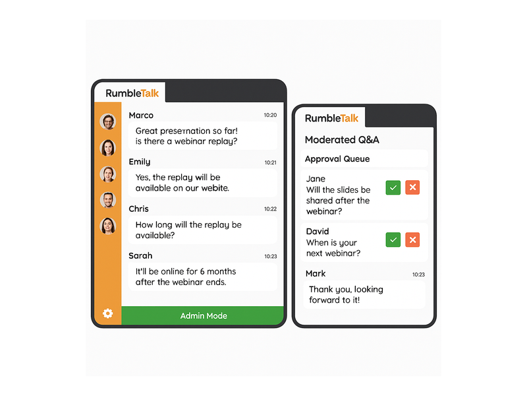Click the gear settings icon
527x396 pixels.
click(x=107, y=313)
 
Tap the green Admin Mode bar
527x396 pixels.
click(x=203, y=315)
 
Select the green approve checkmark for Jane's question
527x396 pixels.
click(x=393, y=187)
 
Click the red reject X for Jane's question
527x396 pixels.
click(x=412, y=187)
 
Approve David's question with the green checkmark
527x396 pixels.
click(x=393, y=240)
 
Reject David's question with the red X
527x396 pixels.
click(x=412, y=240)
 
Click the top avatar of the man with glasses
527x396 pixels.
click(x=108, y=121)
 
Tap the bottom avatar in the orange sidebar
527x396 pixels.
click(x=108, y=226)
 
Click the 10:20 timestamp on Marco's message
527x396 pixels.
click(x=270, y=115)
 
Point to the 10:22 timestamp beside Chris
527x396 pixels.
click(x=270, y=209)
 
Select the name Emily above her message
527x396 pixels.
click(x=140, y=162)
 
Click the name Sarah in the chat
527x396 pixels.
click(x=140, y=255)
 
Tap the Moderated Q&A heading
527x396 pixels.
click(x=342, y=140)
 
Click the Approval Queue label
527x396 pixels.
click(x=337, y=159)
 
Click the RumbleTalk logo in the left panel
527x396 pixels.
click(x=132, y=93)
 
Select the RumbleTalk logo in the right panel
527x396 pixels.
click(x=332, y=118)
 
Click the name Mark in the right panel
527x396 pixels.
click(x=316, y=273)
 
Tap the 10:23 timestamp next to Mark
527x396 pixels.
click(x=418, y=275)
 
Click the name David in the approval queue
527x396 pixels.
click(x=318, y=232)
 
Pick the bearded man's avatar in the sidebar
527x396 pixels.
click(x=108, y=200)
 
